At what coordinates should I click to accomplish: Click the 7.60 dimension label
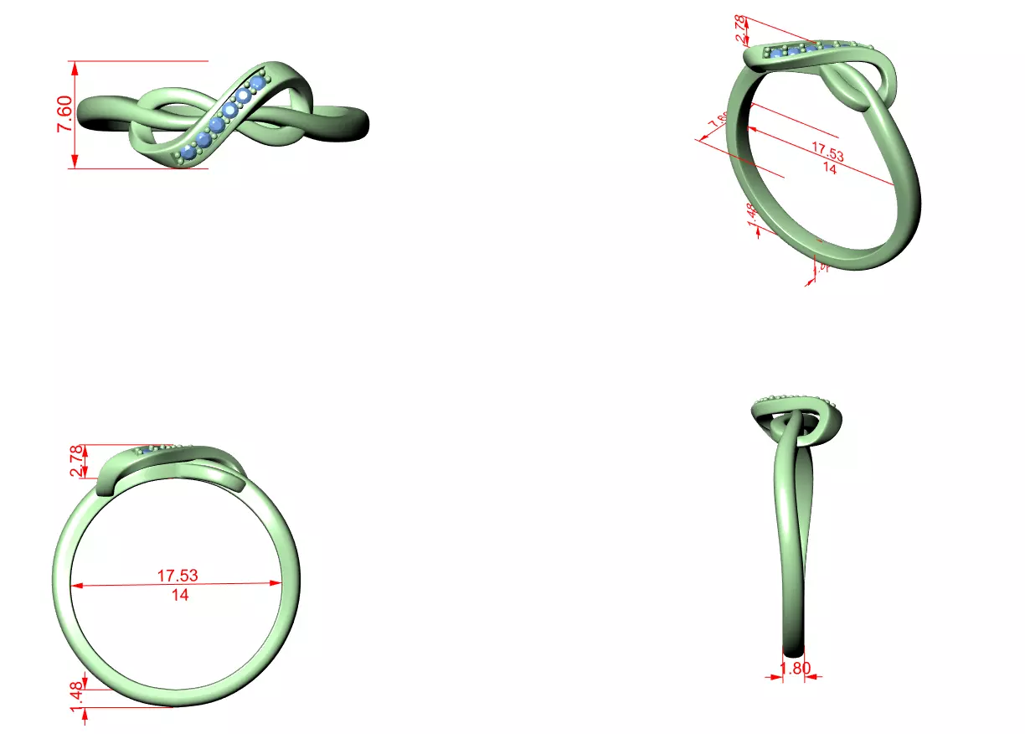64,114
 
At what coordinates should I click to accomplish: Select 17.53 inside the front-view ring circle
178,576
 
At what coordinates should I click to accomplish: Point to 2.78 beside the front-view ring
77,462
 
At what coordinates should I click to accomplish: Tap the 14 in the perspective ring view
829,168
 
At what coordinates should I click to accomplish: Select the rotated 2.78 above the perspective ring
741,30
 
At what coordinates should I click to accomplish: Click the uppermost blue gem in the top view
258,85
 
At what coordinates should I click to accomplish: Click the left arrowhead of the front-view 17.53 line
76,586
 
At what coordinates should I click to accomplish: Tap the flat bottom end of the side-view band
794,649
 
